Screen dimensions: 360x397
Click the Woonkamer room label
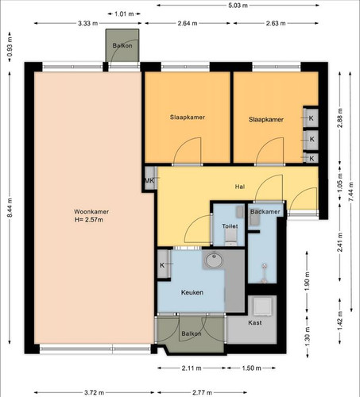click(91, 212)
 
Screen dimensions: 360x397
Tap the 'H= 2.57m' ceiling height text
click(89, 219)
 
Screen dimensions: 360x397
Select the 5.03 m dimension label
click(238, 6)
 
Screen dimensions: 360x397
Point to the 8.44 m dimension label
click(10, 208)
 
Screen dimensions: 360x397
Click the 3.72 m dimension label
click(94, 392)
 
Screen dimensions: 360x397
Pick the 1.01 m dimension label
click(124, 13)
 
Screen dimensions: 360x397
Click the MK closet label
click(149, 181)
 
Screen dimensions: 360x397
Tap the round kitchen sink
click(215, 260)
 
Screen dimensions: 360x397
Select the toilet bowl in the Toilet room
click(231, 237)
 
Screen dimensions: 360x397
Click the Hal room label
click(240, 187)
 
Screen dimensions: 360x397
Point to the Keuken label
click(192, 292)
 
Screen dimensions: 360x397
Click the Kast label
click(255, 322)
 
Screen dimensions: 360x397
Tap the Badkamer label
click(265, 212)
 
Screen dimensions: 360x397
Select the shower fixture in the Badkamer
click(264, 273)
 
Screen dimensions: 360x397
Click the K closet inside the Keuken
click(164, 264)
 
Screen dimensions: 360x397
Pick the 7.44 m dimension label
click(351, 192)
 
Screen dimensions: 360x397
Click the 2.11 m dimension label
click(192, 368)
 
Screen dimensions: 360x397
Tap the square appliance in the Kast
click(263, 306)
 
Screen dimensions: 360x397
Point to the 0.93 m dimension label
click(10, 47)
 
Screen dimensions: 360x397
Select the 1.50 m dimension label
click(251, 368)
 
